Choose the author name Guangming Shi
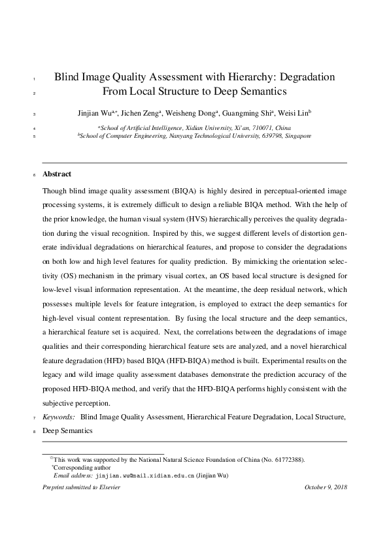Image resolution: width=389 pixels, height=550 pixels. (251, 114)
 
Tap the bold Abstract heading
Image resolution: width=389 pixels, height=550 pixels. (57, 174)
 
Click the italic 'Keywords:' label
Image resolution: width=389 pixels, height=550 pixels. (58, 417)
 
